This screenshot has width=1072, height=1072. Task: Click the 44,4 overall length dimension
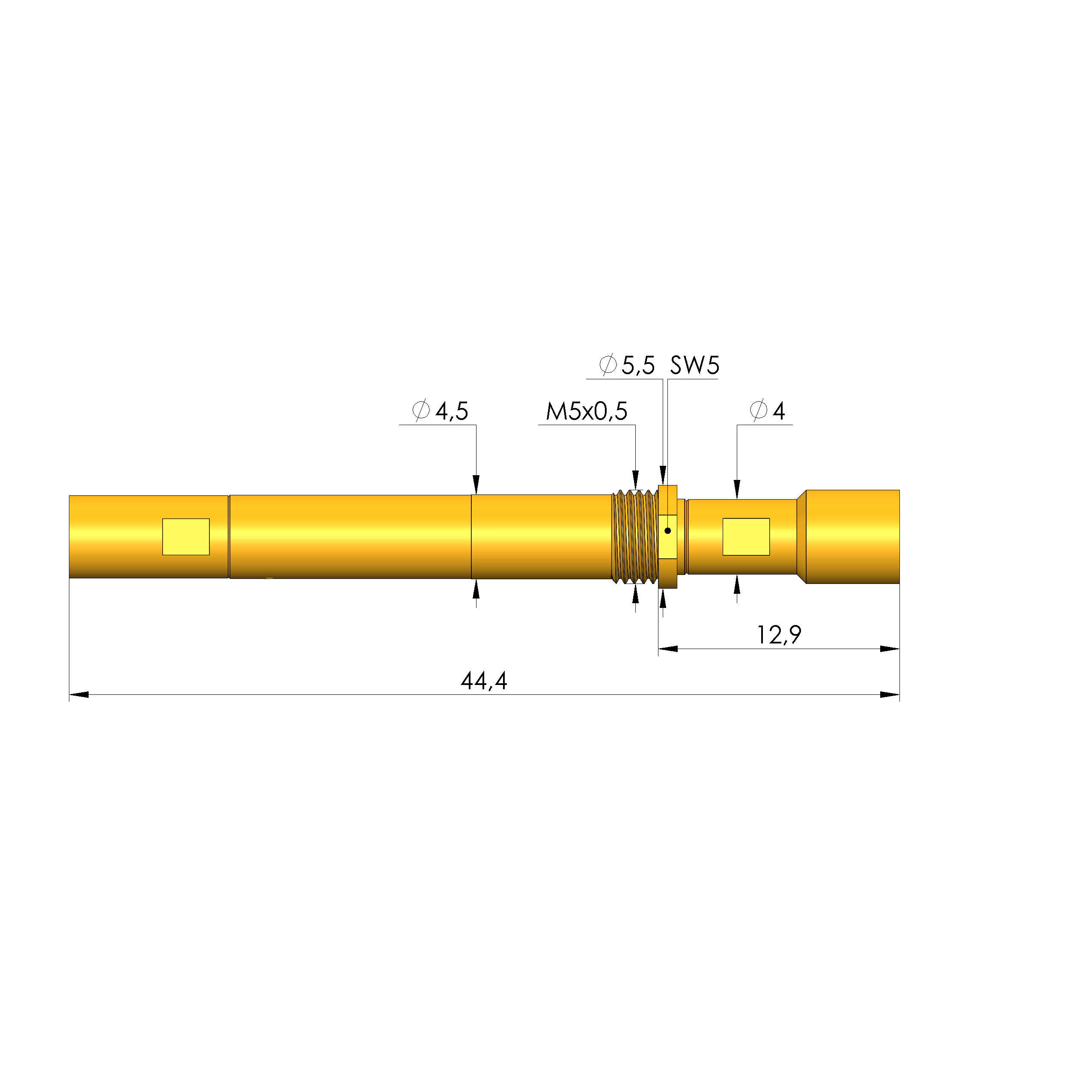[x=484, y=680]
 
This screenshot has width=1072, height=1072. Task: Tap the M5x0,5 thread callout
[x=587, y=411]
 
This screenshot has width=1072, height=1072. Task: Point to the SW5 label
[x=694, y=365]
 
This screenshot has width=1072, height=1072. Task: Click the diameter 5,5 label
[x=627, y=365]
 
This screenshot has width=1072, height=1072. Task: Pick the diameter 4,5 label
[x=440, y=411]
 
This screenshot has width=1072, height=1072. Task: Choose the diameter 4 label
[x=767, y=411]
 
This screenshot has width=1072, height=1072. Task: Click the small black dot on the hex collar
[x=667, y=531]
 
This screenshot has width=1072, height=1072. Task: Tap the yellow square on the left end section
[x=186, y=536]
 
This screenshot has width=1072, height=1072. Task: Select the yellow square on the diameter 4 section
[x=746, y=536]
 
